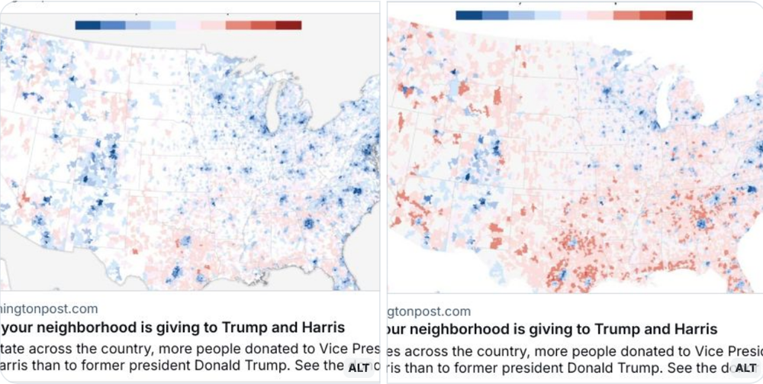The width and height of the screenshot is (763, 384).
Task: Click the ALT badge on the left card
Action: (x=359, y=367)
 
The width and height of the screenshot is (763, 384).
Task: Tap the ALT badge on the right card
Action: (x=745, y=368)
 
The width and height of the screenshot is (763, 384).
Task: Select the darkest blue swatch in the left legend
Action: (x=88, y=25)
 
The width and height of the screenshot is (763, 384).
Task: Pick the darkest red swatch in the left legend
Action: (x=289, y=25)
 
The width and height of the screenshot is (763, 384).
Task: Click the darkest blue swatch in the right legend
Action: (x=468, y=15)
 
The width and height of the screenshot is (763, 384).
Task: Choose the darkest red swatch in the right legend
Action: (x=679, y=15)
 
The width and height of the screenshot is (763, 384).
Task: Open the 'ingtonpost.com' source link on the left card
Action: (x=49, y=309)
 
